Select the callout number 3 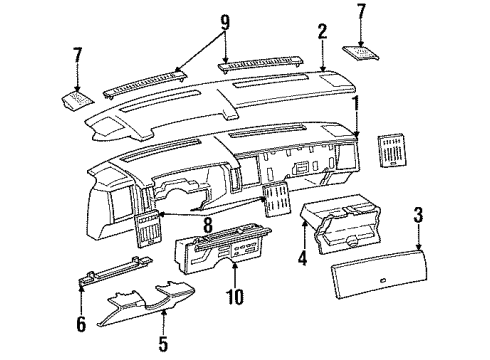tap(417, 214)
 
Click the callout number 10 tap(234, 295)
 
